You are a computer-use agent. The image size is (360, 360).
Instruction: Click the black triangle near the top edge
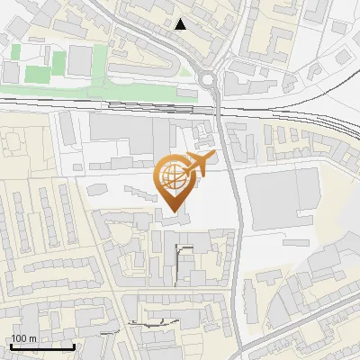182,24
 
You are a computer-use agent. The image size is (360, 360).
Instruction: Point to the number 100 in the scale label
19,339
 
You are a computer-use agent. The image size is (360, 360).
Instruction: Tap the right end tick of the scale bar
74,346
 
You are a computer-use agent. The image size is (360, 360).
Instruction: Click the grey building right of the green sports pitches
80,61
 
